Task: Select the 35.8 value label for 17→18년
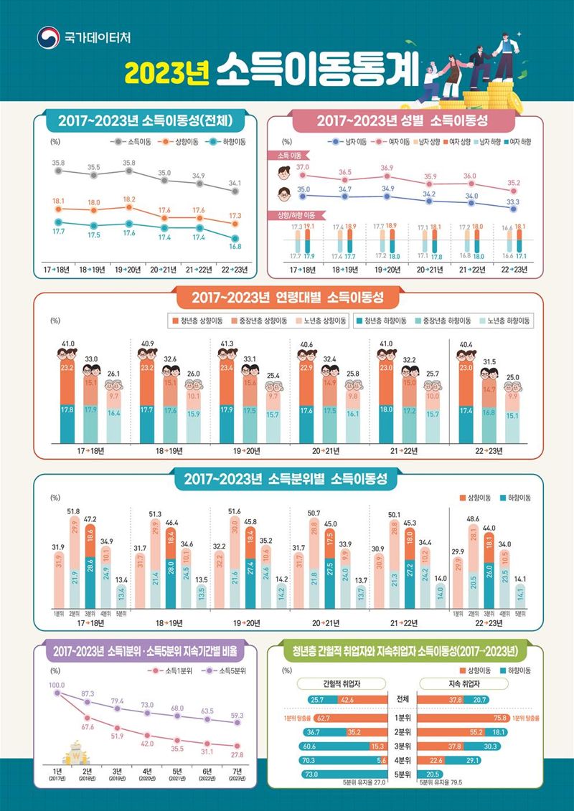[x=59, y=163]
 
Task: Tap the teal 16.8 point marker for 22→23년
[x=235, y=238]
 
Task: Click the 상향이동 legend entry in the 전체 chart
[x=184, y=142]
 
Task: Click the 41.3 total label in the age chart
[x=227, y=343]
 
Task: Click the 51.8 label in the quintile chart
[x=73, y=511]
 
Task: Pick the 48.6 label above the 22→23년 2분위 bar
[x=473, y=518]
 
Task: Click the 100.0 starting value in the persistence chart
[x=57, y=685]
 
